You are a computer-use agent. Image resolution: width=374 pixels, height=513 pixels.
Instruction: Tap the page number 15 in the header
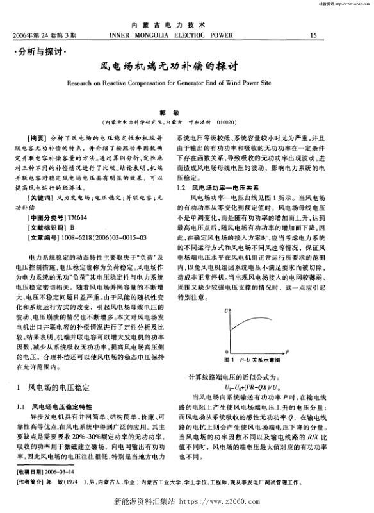pyautogui.click(x=313, y=35)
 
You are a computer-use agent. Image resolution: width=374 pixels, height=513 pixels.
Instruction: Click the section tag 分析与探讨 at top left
pyautogui.click(x=40, y=50)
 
